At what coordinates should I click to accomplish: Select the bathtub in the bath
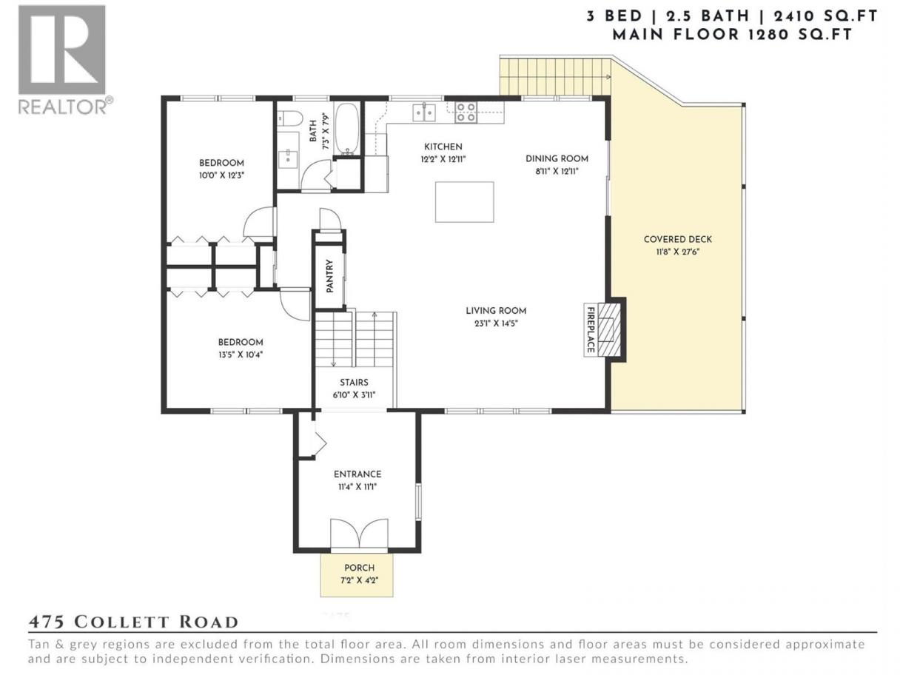[x=347, y=129]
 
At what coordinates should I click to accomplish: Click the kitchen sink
[x=424, y=113]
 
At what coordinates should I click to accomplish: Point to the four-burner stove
[x=466, y=113]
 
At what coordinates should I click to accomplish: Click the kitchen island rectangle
[x=464, y=202]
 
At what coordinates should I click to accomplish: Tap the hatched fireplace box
[x=606, y=330]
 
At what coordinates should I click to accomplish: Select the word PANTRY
[x=329, y=276]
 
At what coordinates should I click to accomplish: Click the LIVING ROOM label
[x=496, y=311]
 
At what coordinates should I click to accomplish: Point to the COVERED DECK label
[x=678, y=239]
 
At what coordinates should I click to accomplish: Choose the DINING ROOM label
[x=557, y=158]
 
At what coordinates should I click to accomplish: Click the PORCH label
[x=359, y=568]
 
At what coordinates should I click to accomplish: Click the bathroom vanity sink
[x=289, y=155]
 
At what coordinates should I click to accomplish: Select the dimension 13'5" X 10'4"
[x=241, y=355]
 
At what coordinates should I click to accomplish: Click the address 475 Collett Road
[x=132, y=622]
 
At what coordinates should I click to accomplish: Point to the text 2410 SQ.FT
[x=825, y=16]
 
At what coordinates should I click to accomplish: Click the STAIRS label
[x=354, y=383]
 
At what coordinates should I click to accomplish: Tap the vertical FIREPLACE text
[x=591, y=329]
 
